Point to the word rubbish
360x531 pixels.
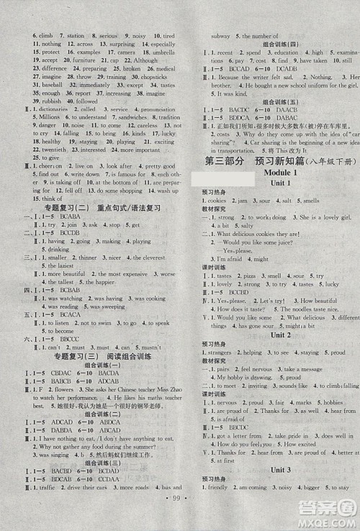pyautogui.click(x=48, y=101)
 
